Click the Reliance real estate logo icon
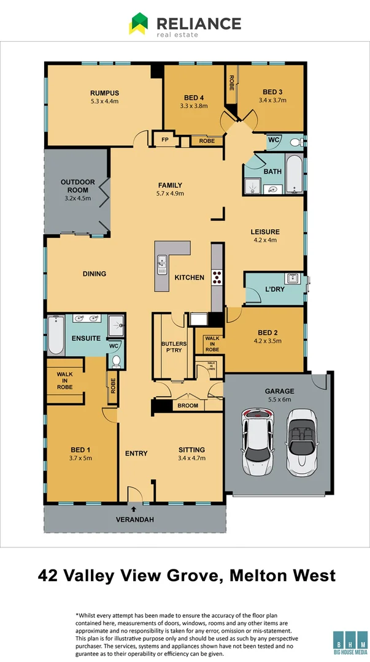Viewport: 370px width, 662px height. (138, 24)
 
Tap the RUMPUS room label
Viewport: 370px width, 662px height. (104, 93)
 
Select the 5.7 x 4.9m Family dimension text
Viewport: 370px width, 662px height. (170, 194)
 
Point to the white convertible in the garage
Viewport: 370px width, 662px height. (300, 441)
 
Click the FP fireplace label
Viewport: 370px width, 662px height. (164, 140)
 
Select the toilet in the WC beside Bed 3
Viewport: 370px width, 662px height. (295, 142)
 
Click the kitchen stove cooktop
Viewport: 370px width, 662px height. (217, 277)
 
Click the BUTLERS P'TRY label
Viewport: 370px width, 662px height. (174, 348)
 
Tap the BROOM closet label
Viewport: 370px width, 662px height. (188, 406)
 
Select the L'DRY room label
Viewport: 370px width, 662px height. (274, 289)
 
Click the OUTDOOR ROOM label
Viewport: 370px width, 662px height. (77, 186)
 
